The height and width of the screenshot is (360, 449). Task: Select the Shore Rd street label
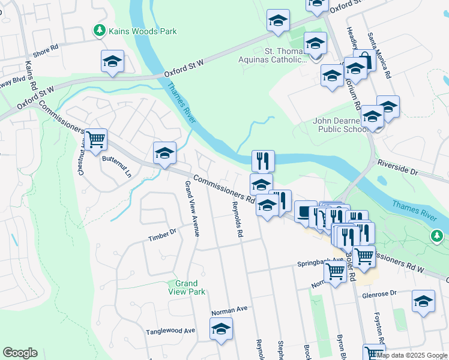point(46,48)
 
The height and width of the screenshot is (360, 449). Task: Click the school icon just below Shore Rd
point(112,62)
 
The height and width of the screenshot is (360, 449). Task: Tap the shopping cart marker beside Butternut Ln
point(95,140)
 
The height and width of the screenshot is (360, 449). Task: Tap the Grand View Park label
point(190,287)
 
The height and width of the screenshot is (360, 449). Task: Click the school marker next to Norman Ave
point(221,329)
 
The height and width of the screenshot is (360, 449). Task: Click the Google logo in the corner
point(20,353)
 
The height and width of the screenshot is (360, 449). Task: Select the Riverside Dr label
point(397,167)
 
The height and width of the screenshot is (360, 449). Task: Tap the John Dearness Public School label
point(340,124)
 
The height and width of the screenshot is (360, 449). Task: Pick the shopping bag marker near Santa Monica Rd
point(364,60)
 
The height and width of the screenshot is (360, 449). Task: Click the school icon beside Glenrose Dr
point(423,301)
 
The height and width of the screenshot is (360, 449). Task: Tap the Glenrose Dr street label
point(379,294)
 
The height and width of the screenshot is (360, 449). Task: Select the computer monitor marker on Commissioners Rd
point(306,212)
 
